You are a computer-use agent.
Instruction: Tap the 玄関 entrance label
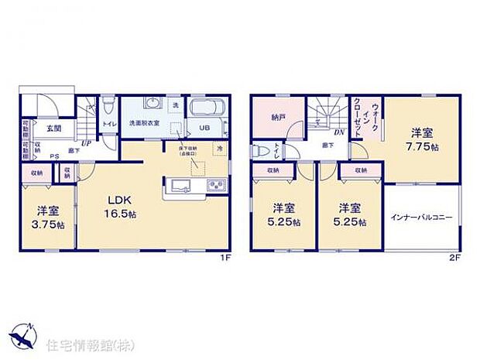click(53, 129)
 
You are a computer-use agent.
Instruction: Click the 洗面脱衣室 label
click(144, 123)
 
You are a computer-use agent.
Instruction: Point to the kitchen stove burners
click(214, 185)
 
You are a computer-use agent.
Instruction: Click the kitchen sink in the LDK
click(179, 186)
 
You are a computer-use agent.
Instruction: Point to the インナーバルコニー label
click(422, 218)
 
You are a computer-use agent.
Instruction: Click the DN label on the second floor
click(338, 132)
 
